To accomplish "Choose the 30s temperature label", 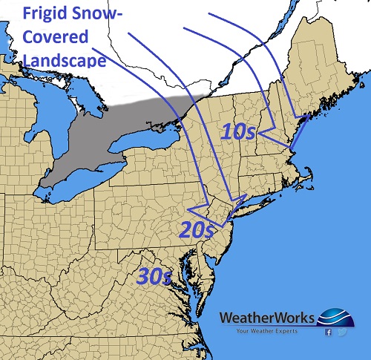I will (155, 276).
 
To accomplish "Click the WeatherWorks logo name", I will (266, 318).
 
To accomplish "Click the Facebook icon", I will (328, 332).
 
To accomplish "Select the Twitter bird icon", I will (342, 332).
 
